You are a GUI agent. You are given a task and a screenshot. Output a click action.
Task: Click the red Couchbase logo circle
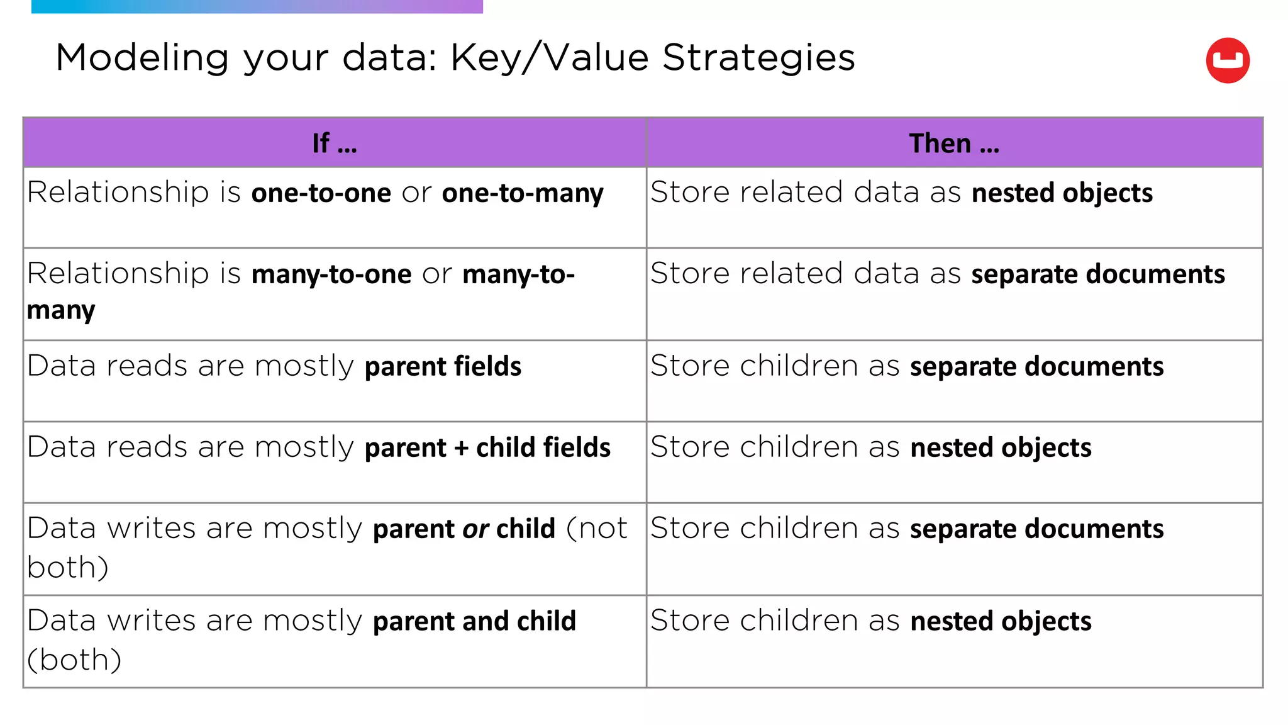pyautogui.click(x=1227, y=60)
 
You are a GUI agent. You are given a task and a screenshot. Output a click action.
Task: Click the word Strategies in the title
pyautogui.click(x=758, y=58)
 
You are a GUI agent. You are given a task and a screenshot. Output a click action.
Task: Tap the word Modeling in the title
pyautogui.click(x=142, y=58)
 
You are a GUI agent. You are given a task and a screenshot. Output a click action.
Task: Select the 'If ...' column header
pyautogui.click(x=334, y=143)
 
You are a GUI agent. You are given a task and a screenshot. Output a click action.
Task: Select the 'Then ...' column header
pyautogui.click(x=953, y=143)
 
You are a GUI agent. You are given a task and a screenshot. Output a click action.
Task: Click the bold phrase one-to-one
pyautogui.click(x=321, y=193)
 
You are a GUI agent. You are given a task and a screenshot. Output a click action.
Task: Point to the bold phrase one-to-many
pyautogui.click(x=522, y=193)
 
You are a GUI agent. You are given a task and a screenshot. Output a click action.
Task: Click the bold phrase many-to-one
pyautogui.click(x=331, y=274)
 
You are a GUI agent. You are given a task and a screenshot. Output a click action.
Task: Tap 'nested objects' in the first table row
pyautogui.click(x=1062, y=193)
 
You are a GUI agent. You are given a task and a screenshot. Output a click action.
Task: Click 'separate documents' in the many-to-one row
pyautogui.click(x=1097, y=274)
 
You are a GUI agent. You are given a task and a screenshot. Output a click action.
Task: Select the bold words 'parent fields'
pyautogui.click(x=443, y=367)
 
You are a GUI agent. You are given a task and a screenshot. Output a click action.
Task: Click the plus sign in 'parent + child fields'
pyautogui.click(x=461, y=448)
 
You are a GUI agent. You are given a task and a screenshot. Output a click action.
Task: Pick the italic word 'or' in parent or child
pyautogui.click(x=475, y=529)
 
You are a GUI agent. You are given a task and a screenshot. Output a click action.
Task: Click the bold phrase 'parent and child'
pyautogui.click(x=474, y=622)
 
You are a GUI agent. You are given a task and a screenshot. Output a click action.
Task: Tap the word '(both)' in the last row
pyautogui.click(x=74, y=660)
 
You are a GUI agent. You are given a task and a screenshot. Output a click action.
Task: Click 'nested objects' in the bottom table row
pyautogui.click(x=1000, y=622)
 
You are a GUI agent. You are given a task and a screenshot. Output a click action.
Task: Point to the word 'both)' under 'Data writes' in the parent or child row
pyautogui.click(x=68, y=568)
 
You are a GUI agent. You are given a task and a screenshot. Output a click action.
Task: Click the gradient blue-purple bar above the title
pyautogui.click(x=257, y=6)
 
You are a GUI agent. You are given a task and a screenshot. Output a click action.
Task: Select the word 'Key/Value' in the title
pyautogui.click(x=550, y=58)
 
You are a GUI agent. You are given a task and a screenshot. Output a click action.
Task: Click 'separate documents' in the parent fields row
pyautogui.click(x=1036, y=367)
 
